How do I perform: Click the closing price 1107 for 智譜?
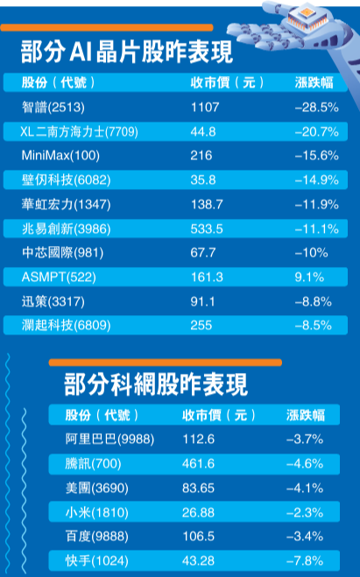tap(205, 107)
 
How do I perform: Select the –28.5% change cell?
tap(316, 107)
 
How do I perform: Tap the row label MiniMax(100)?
tap(60, 155)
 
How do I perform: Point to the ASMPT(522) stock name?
tap(59, 277)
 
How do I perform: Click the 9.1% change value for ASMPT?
tap(309, 277)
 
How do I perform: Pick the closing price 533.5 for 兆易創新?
tap(207, 229)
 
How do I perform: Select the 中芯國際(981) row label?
tap(62, 252)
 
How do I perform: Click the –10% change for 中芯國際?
tap(312, 252)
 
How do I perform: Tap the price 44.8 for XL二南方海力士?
tap(203, 131)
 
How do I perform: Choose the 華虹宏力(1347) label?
tap(67, 204)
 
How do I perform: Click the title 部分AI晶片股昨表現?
tap(127, 52)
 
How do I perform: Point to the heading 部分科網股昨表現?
tap(156, 384)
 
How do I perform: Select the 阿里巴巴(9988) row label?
tap(109, 439)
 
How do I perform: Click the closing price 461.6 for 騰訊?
tap(198, 463)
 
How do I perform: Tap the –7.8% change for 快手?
tap(305, 561)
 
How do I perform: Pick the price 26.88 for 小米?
tap(198, 512)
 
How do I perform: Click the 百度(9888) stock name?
tap(97, 536)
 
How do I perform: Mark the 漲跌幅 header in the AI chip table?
tap(314, 82)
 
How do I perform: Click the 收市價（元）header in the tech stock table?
tap(219, 415)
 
